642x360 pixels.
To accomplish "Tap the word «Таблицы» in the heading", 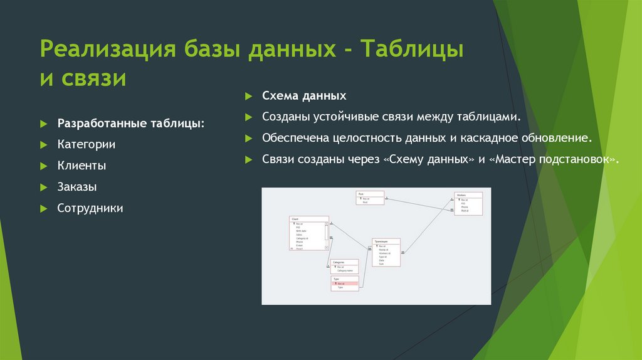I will click(412, 49).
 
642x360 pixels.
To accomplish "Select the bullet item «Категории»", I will click(86, 144).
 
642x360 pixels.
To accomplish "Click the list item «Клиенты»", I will click(82, 166).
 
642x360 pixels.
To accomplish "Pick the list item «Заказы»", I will click(76, 187).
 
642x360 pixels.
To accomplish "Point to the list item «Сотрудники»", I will click(90, 208).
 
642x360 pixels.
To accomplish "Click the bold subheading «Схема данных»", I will click(304, 97).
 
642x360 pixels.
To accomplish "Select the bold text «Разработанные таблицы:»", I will click(130, 123).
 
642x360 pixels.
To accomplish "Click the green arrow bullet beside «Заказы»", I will click(43, 188).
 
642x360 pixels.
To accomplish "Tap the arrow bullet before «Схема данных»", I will click(248, 97).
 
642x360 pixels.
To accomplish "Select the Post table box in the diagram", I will click(370, 198).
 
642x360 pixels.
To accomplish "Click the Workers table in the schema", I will click(468, 204).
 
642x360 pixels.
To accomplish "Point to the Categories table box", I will click(344, 266).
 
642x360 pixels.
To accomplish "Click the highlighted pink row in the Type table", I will click(345, 283).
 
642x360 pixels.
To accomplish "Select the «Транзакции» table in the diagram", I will click(386, 252).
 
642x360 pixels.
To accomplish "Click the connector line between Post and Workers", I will click(419, 204).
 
